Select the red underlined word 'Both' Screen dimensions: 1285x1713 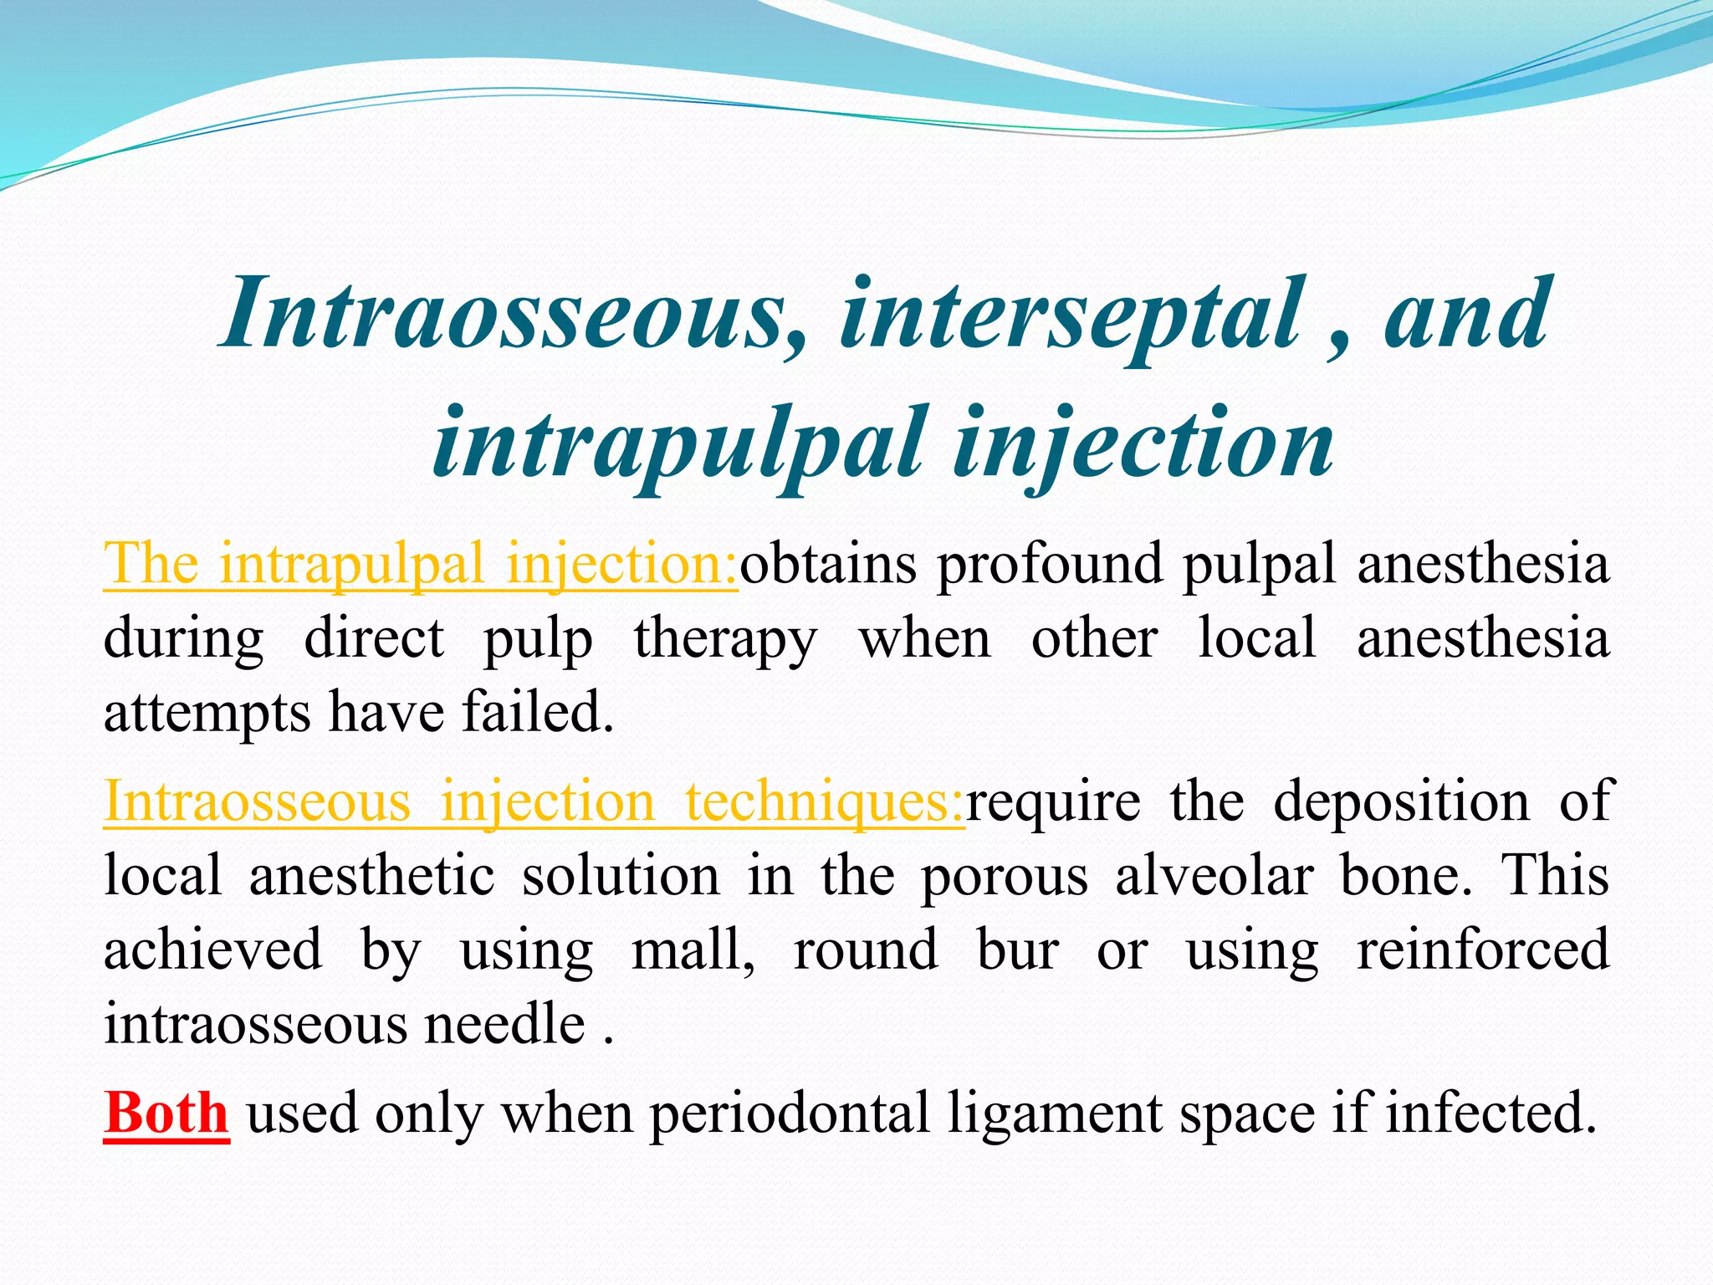point(166,1113)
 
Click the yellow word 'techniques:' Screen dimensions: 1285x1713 point(825,801)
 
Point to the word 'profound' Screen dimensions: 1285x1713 point(1050,563)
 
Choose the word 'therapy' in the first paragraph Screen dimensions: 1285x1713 point(724,639)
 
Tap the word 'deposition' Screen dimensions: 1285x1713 point(1402,801)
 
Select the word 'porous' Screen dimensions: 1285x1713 point(1004,876)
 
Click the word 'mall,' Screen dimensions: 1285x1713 point(693,950)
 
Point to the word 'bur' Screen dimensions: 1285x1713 point(1018,950)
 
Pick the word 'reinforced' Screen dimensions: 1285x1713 point(1482,950)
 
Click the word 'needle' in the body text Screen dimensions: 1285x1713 point(504,1024)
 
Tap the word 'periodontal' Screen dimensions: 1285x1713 point(790,1113)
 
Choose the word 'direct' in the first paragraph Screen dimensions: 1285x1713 point(374,639)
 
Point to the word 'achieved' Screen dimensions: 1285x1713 point(213,950)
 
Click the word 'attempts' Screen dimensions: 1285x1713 point(207,713)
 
